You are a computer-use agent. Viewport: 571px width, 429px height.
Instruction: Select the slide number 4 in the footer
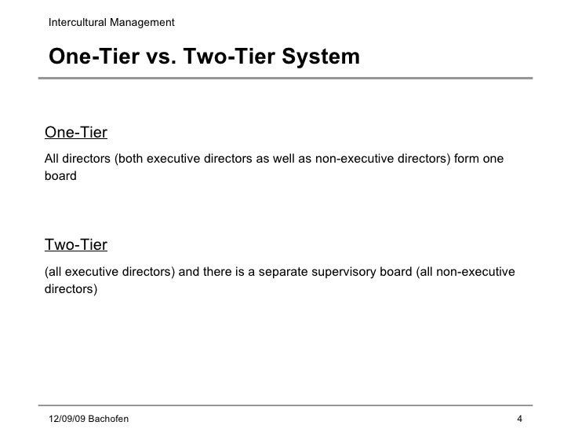pyautogui.click(x=520, y=417)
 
